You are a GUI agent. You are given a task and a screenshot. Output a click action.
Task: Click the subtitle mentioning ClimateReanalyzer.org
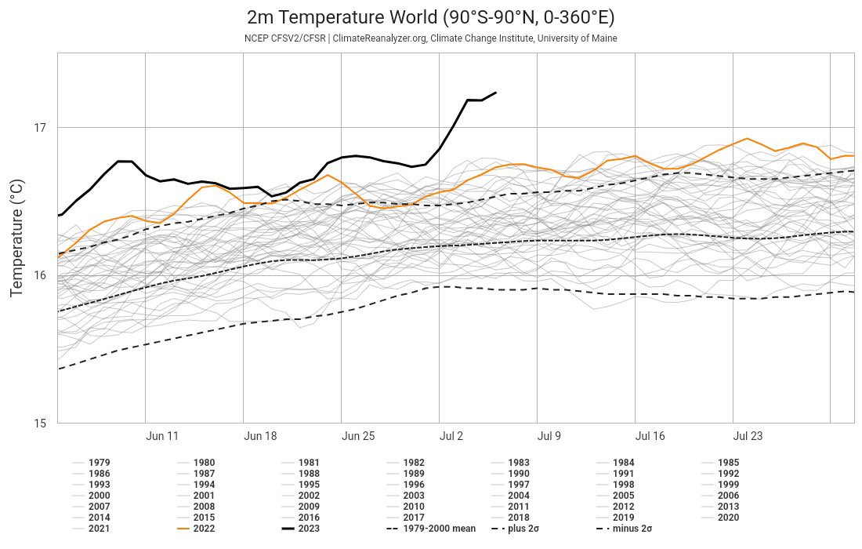(431, 38)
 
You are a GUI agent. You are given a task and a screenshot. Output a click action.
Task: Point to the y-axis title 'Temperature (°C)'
(17, 238)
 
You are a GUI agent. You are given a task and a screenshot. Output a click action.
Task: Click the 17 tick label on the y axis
(40, 128)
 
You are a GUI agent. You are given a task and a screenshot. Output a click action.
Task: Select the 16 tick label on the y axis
(40, 275)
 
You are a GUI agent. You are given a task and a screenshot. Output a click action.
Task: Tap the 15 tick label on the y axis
(40, 424)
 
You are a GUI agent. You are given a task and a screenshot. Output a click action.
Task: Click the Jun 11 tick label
(162, 436)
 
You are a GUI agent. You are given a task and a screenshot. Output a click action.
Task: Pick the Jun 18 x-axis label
(260, 436)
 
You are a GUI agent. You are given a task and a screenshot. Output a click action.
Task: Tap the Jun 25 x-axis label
(358, 436)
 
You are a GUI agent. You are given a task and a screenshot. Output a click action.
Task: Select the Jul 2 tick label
(451, 436)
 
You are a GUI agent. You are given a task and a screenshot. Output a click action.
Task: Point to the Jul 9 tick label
(549, 436)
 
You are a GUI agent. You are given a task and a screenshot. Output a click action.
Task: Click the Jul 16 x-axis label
(650, 436)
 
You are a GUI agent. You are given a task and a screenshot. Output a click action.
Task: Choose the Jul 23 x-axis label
(748, 436)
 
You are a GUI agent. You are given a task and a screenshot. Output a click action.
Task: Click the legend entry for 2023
(300, 529)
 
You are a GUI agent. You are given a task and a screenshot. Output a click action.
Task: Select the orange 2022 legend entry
(196, 529)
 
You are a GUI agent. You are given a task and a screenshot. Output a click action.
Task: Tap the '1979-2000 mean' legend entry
(431, 529)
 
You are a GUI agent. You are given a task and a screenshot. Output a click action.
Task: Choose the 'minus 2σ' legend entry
(624, 529)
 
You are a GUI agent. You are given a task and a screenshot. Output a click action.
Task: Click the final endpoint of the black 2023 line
(496, 93)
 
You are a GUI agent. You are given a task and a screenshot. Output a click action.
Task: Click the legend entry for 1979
(91, 463)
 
